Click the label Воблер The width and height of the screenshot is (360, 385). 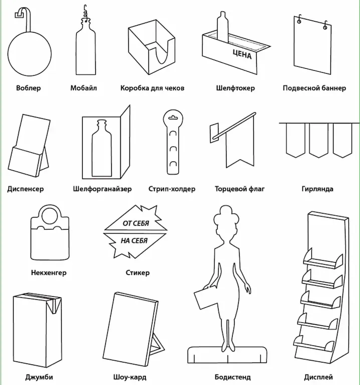tap(28, 88)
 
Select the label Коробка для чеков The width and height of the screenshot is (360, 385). tap(152, 88)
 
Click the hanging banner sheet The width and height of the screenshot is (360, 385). tap(313, 48)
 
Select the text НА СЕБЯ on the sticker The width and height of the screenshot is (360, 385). tap(134, 241)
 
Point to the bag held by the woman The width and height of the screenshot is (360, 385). tap(206, 298)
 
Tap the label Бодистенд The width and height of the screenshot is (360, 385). tap(232, 377)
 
